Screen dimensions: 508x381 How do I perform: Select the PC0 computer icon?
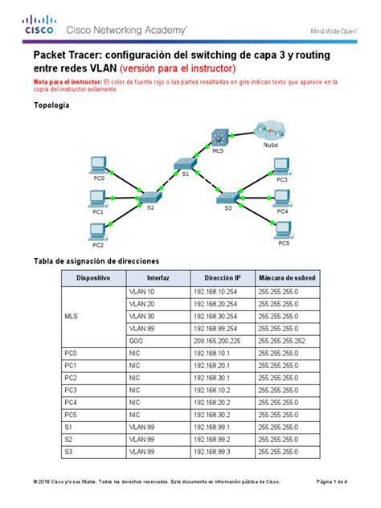tap(100, 164)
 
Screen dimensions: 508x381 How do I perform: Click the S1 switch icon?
tap(184, 163)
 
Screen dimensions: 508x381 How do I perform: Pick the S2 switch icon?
tap(149, 198)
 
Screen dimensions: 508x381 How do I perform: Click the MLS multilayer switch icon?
tap(221, 137)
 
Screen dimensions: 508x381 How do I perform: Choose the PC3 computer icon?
tap(281, 166)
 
